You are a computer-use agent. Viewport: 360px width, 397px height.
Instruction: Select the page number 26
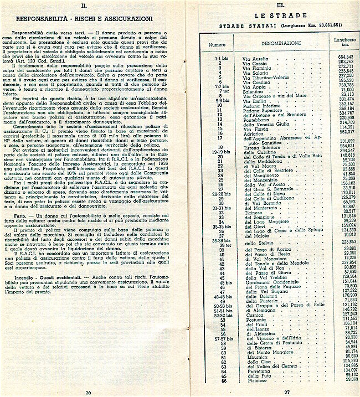[x=89, y=391]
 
